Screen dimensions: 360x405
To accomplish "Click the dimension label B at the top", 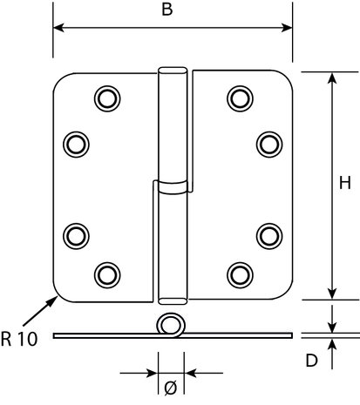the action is click(167, 9).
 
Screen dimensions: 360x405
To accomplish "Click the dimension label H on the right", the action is click(345, 183).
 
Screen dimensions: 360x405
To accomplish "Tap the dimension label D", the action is click(312, 361).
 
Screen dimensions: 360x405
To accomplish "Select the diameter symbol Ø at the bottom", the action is click(171, 388).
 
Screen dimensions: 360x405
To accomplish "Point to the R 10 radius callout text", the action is click(19, 339).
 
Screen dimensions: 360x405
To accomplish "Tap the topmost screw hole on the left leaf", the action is click(107, 98).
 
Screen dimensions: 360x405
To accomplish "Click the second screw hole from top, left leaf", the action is click(76, 145).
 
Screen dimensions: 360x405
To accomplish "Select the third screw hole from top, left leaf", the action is click(76, 236).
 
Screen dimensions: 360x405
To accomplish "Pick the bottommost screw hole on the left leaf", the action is click(107, 275).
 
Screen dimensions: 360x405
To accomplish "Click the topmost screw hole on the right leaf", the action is click(240, 98).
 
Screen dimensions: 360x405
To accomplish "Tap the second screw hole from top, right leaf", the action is click(269, 145).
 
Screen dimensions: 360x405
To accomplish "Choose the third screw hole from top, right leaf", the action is click(269, 236).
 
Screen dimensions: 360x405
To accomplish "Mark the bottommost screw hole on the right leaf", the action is click(240, 275).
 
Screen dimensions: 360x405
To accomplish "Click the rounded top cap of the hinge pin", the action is click(173, 71).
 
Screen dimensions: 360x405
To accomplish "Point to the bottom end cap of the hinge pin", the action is click(173, 301).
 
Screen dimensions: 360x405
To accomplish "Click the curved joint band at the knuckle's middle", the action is click(173, 187).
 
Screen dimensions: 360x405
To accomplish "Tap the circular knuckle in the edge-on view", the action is click(171, 325).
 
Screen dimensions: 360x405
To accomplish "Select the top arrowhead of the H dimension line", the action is click(332, 78).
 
